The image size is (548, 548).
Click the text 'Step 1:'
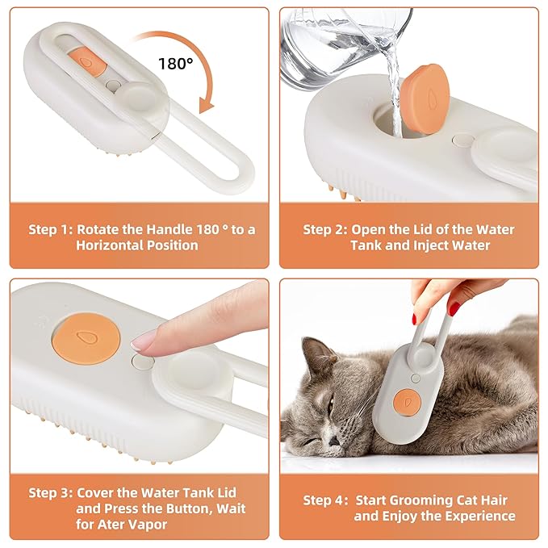point(52,230)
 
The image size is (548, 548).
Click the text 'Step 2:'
point(327,230)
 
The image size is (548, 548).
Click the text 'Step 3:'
point(52,492)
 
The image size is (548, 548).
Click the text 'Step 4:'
point(327,500)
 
